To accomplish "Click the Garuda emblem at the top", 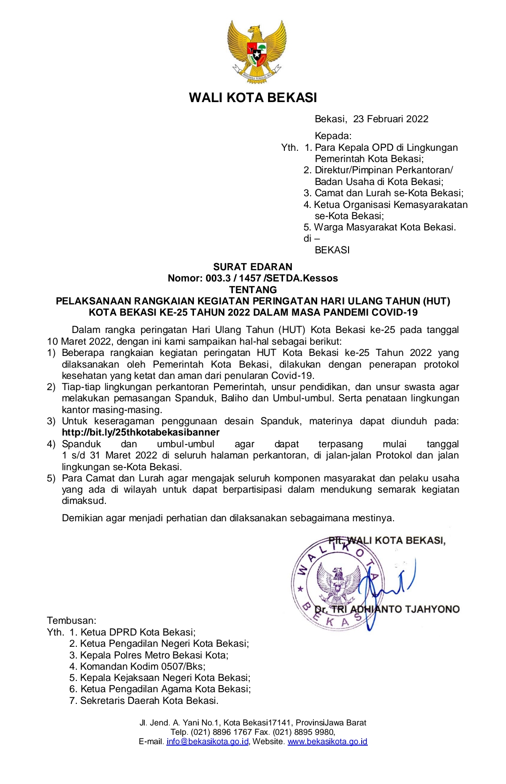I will tap(257, 52).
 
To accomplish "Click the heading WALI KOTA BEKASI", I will tap(253, 97).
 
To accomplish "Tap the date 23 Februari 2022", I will tap(391, 119).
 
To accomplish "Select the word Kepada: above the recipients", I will tap(333, 136).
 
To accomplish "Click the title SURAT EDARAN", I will tap(253, 267).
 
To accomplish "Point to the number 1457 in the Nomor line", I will tap(249, 278).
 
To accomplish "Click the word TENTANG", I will tap(253, 290).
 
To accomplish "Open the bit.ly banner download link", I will tap(141, 432).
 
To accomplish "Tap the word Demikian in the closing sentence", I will tap(82, 518).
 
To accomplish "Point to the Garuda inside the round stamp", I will tap(337, 583).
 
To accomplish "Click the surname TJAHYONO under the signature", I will tap(432, 609).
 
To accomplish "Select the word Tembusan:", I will tap(72, 621).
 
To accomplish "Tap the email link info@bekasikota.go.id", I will tap(207, 742).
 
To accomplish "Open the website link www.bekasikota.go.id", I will tap(327, 742).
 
